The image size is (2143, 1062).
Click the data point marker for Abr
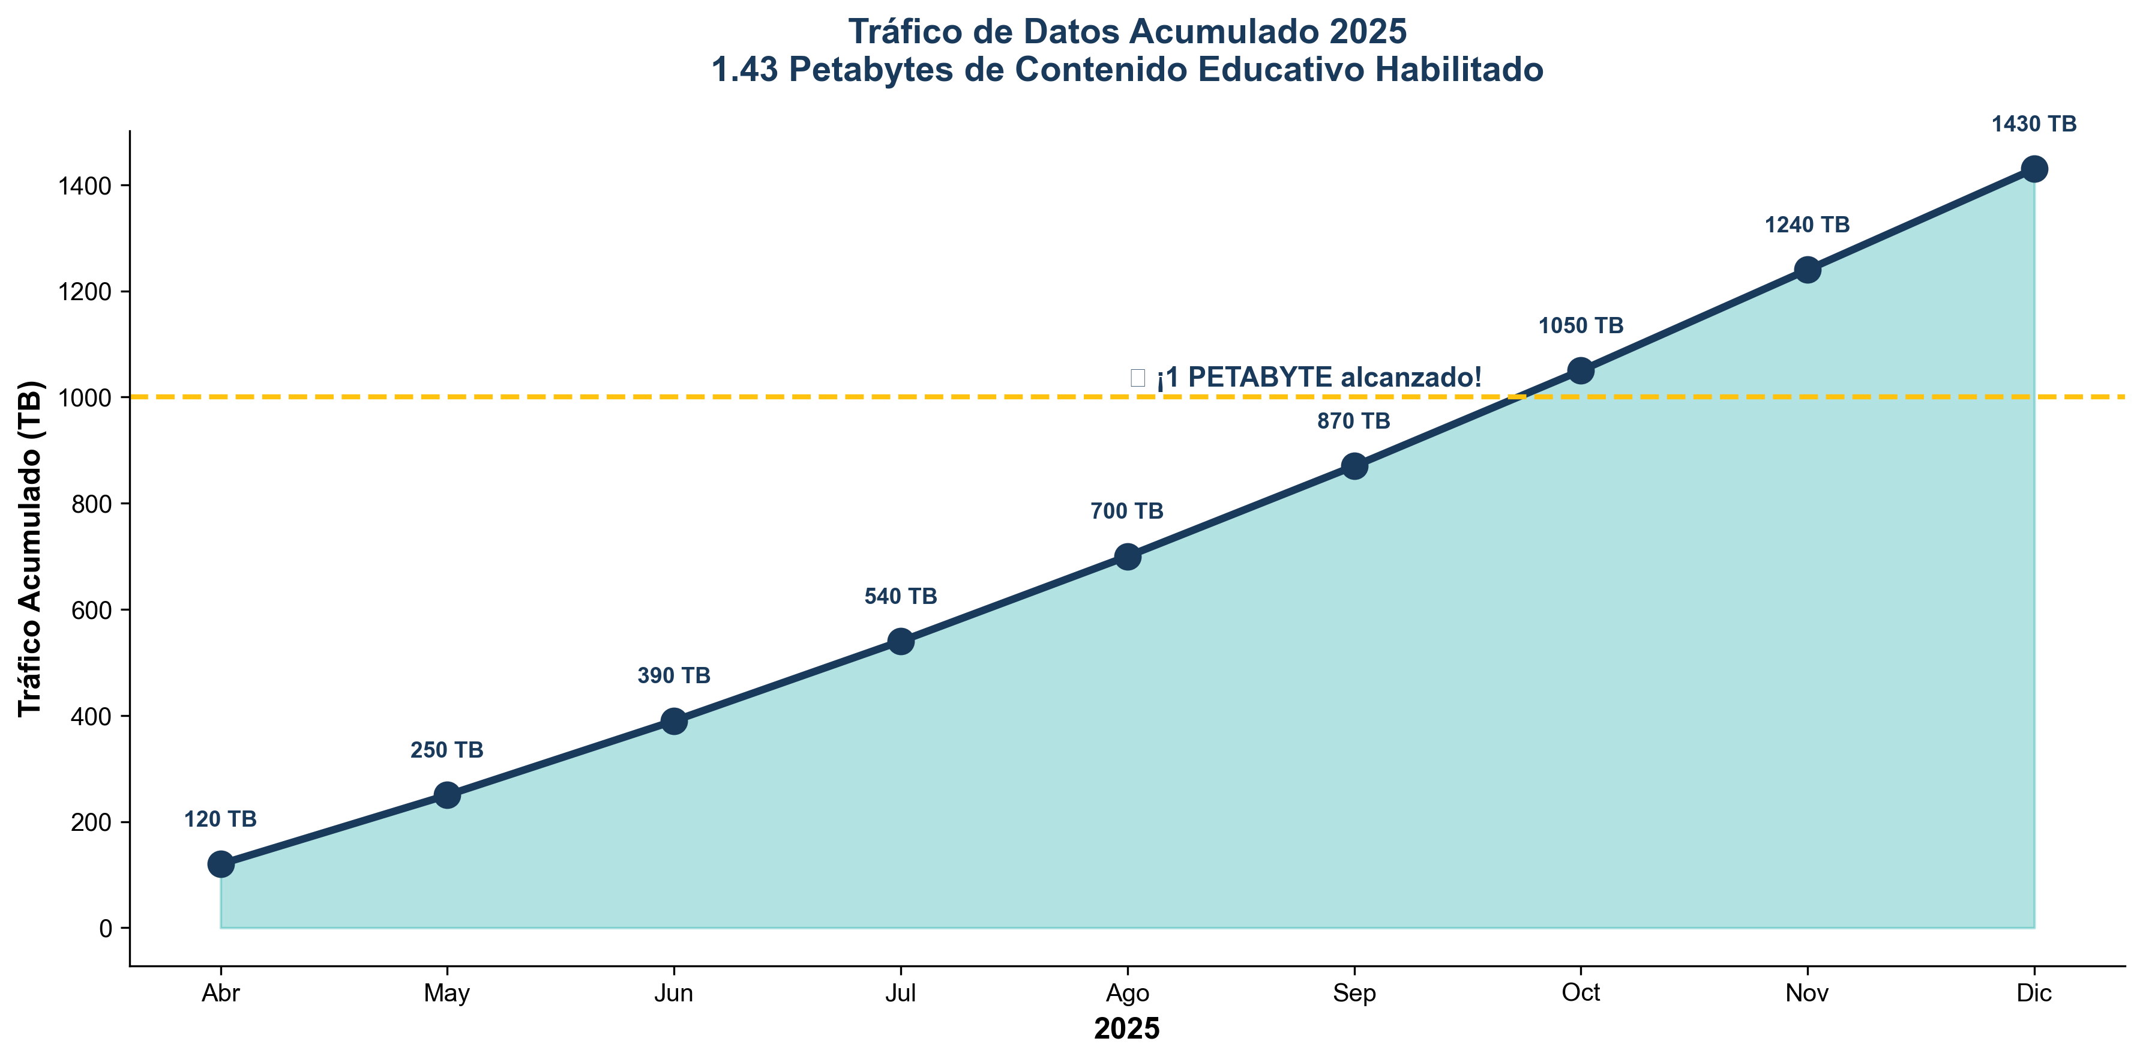tap(220, 864)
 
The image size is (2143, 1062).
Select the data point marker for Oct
tap(1581, 370)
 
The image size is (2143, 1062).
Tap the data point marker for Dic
tap(2034, 169)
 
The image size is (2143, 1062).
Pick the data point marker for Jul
tap(901, 641)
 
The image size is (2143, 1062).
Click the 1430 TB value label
tap(2034, 125)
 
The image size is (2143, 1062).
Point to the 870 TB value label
tap(1353, 422)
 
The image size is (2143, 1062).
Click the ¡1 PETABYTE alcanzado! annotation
tap(1318, 378)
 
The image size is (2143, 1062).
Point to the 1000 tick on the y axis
tap(85, 398)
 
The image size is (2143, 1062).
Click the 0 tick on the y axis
tap(105, 928)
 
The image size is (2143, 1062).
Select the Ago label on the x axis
tap(1127, 993)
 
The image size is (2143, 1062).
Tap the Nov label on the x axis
tap(1807, 993)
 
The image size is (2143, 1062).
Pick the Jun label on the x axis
tap(674, 993)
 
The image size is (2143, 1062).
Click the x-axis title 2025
tap(1126, 1030)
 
